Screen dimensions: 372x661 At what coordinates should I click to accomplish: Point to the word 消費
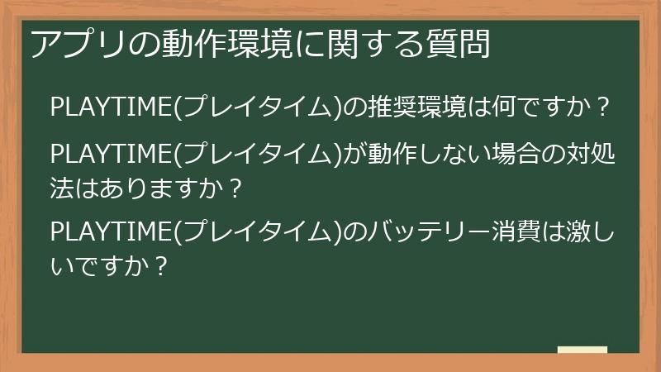508,233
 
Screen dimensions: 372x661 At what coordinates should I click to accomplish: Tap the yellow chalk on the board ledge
582,350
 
